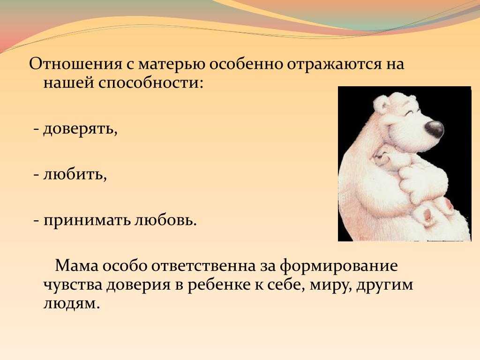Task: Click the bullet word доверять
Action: [x=80, y=129]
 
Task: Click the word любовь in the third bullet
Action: [x=165, y=219]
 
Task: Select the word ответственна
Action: [x=203, y=266]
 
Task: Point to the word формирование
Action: [x=338, y=266]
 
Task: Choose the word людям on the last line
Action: [x=72, y=304]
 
